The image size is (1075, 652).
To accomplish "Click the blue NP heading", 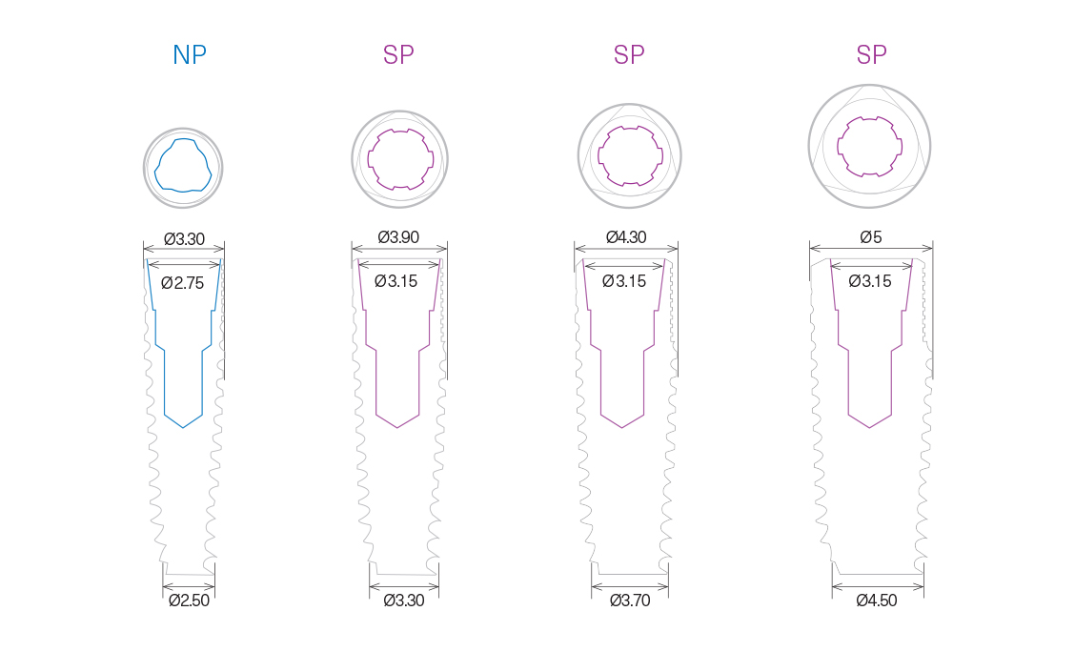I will click(190, 55).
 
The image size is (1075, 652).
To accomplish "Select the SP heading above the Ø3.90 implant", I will click(398, 55).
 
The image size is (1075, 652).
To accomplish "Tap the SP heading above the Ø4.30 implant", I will click(629, 55).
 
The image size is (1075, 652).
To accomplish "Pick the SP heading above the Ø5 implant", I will click(871, 55).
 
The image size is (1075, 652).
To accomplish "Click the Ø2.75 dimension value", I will click(183, 282).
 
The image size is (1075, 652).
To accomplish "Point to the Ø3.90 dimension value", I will click(398, 237).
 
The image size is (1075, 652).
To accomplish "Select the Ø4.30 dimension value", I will click(626, 237).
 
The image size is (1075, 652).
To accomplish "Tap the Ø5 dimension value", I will click(871, 237).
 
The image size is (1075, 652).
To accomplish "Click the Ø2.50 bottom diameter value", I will click(189, 601).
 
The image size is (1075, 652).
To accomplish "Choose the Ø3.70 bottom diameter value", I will click(630, 601).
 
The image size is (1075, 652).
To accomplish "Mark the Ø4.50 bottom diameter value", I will click(877, 601).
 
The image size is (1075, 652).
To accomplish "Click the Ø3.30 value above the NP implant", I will click(184, 239).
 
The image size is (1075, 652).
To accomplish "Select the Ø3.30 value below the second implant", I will click(404, 601).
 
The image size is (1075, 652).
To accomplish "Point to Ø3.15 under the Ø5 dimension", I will click(870, 281).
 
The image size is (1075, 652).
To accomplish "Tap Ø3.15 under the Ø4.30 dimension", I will click(624, 281).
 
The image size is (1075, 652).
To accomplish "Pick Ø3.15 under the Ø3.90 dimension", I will click(396, 281).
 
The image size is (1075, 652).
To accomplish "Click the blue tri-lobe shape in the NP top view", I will click(182, 164).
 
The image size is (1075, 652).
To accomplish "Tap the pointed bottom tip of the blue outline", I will click(183, 427).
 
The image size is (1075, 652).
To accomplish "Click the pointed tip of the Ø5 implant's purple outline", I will click(869, 428).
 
